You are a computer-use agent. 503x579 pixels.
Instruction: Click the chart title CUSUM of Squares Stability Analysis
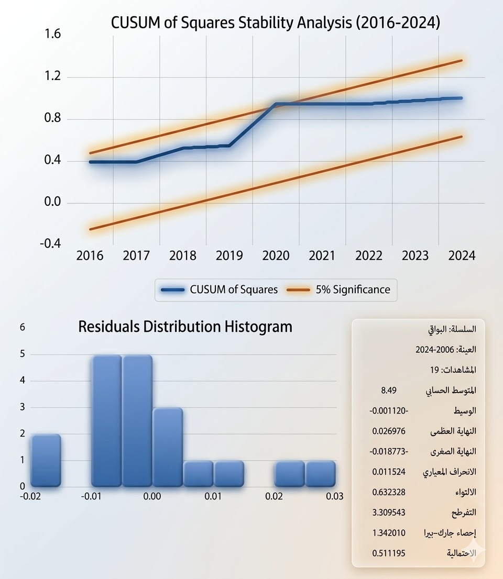275,24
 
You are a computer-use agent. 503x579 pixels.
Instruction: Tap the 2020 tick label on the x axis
276,256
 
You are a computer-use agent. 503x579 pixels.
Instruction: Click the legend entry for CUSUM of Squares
220,289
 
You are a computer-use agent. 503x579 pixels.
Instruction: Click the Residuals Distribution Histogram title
185,327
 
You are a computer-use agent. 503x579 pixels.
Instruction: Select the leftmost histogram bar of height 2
46,460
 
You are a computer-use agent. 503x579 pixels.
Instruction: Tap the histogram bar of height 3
168,447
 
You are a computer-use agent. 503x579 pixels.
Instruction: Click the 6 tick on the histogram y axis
22,327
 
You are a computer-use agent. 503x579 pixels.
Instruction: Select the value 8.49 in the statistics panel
388,391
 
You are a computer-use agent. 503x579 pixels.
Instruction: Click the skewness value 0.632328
388,492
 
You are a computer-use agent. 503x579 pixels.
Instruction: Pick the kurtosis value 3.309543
388,513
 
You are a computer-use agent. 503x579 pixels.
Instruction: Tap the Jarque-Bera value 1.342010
388,533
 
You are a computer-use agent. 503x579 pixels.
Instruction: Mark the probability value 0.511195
388,553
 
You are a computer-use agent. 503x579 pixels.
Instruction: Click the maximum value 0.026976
388,431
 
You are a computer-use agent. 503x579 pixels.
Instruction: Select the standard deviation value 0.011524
388,472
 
